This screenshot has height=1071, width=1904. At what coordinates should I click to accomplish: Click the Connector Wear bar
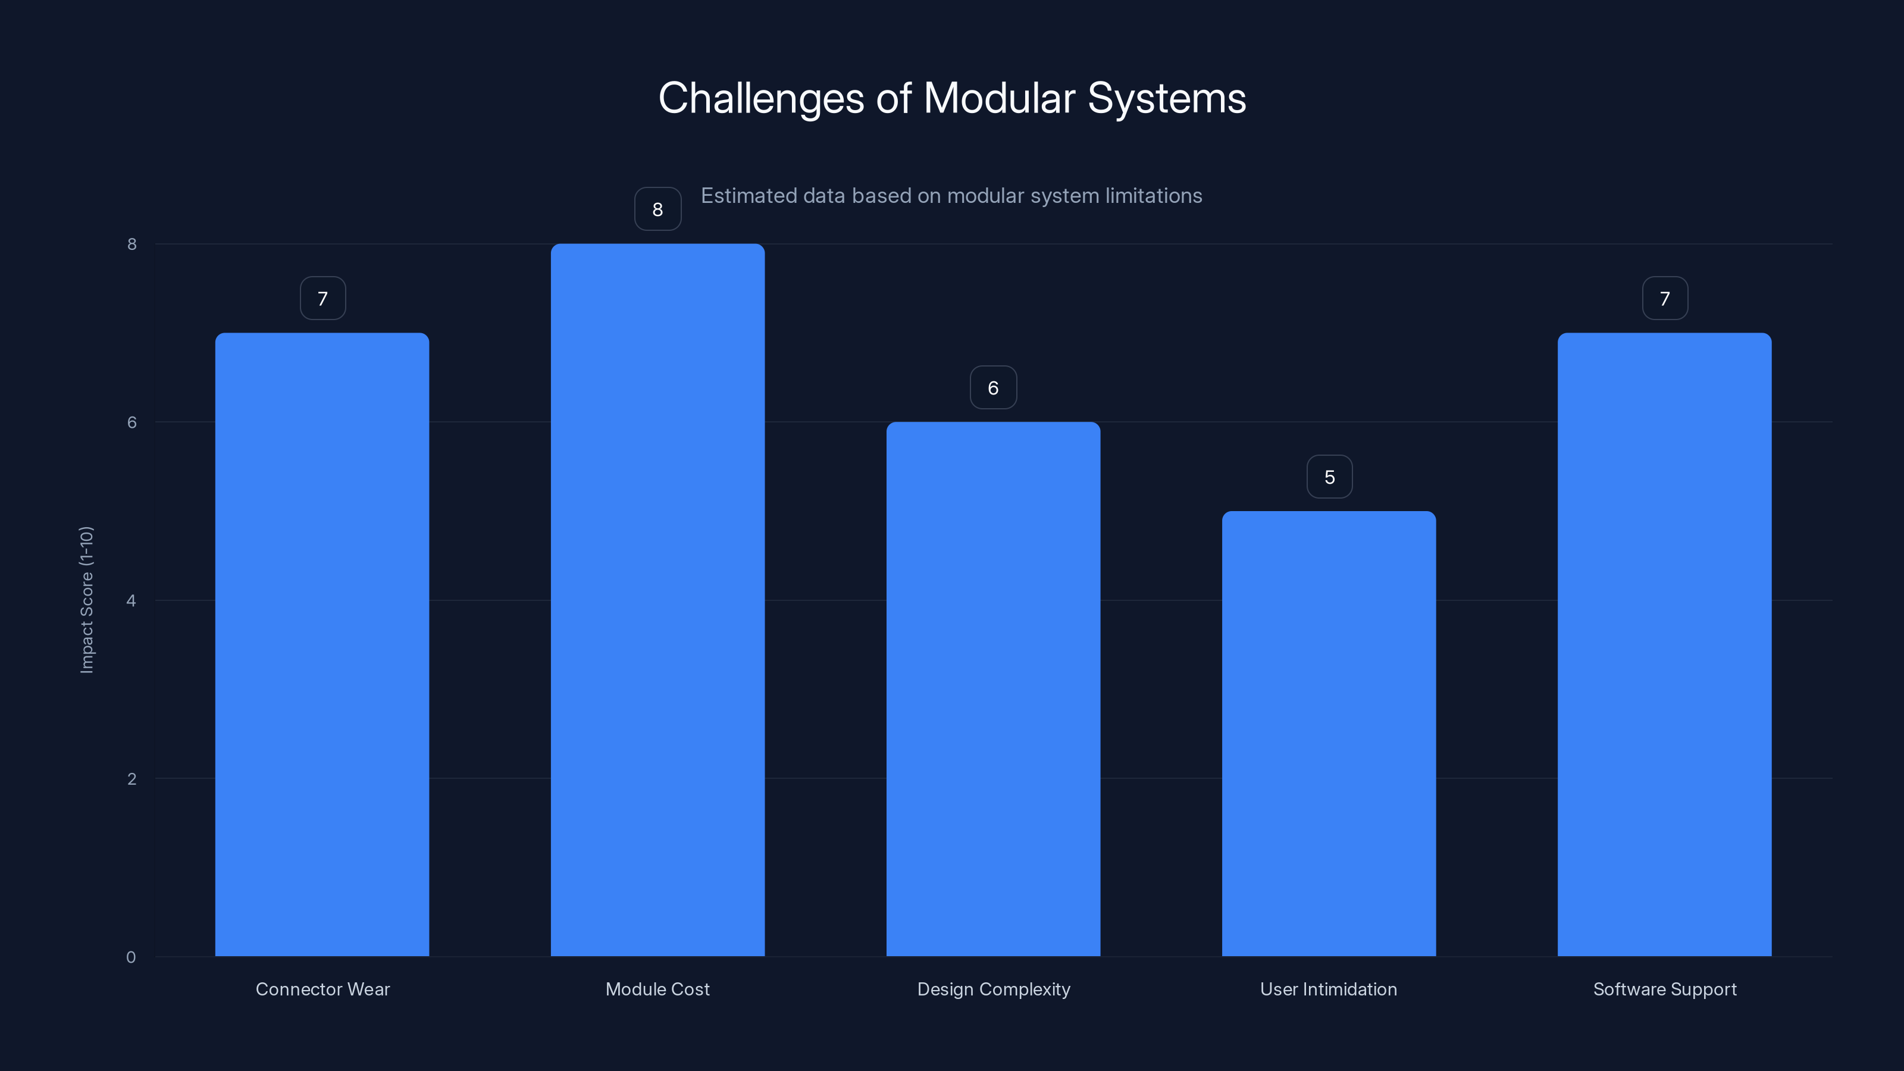click(322, 644)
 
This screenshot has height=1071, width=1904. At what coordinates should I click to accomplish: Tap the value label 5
click(1329, 477)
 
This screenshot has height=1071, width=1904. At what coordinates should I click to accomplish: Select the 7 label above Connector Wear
click(322, 299)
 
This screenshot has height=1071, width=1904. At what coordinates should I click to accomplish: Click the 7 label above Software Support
click(1665, 299)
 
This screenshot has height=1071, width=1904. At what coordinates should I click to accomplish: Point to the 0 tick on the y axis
click(131, 957)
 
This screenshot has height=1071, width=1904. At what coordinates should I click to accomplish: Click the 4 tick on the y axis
click(131, 601)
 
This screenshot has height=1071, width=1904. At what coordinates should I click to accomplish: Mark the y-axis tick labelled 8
click(131, 245)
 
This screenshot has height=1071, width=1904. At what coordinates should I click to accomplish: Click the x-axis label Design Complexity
click(994, 989)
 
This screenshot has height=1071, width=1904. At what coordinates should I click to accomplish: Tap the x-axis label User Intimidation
click(1328, 989)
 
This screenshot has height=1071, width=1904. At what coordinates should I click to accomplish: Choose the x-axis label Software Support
click(1665, 989)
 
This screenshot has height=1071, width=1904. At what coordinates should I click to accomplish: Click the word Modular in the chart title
click(1000, 98)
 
